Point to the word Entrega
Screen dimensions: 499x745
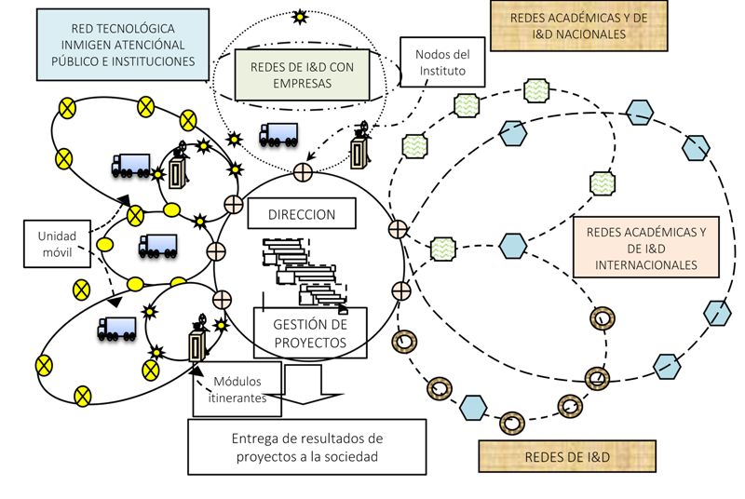pyautogui.click(x=253, y=438)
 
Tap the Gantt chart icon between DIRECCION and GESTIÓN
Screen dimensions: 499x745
pyautogui.click(x=304, y=270)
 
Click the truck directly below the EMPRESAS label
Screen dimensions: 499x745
pyautogui.click(x=278, y=135)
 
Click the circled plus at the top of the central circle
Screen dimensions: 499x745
pyautogui.click(x=303, y=172)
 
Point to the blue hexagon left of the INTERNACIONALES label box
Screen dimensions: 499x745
pyautogui.click(x=512, y=246)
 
